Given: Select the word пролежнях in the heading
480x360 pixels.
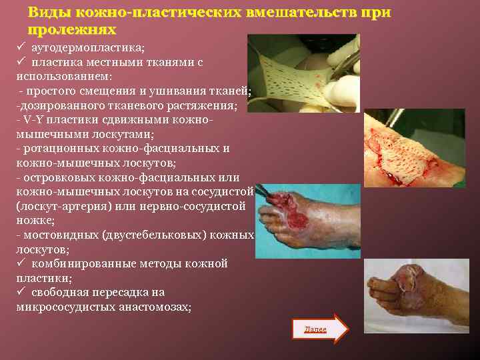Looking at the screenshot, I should point(72,31).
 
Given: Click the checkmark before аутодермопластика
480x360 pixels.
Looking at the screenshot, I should point(21,48).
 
